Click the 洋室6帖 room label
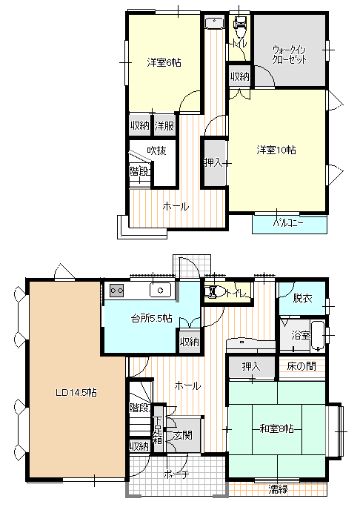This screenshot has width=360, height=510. coord(164,62)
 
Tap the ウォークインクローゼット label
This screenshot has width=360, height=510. coord(289,55)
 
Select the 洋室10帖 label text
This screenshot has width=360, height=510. coord(276,150)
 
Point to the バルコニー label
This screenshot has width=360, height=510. coord(288,223)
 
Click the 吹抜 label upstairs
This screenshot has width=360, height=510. coord(156,150)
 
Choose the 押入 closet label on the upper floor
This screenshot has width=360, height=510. coord(213,162)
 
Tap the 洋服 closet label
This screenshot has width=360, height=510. coord(164,126)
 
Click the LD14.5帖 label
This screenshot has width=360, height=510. coord(76,393)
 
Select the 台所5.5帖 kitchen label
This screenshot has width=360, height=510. coord(151,318)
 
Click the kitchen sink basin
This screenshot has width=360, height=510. coord(160,290)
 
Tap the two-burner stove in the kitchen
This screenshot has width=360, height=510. coord(116,291)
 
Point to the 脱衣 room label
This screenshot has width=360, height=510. coord(302,298)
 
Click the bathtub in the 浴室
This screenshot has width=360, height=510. coord(318,337)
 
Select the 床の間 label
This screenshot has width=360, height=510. coord(301,366)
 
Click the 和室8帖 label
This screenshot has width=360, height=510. coord(276,429)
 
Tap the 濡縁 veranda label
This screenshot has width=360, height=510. coord(278,489)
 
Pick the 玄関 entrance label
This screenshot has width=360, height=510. coord(182,435)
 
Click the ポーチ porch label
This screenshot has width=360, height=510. coord(176,474)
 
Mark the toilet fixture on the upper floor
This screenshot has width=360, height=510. coord(239,27)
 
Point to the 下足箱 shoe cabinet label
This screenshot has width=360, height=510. coord(158,430)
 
